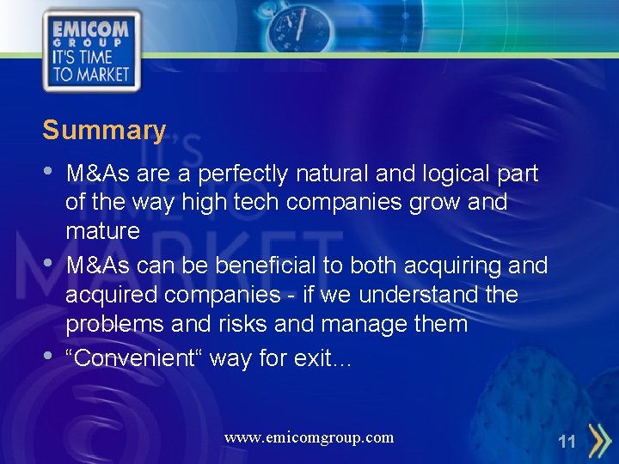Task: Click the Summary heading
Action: (104, 131)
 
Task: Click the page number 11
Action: (567, 443)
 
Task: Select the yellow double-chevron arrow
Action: (593, 441)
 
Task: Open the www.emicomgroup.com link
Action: (309, 437)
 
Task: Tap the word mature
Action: (102, 231)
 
